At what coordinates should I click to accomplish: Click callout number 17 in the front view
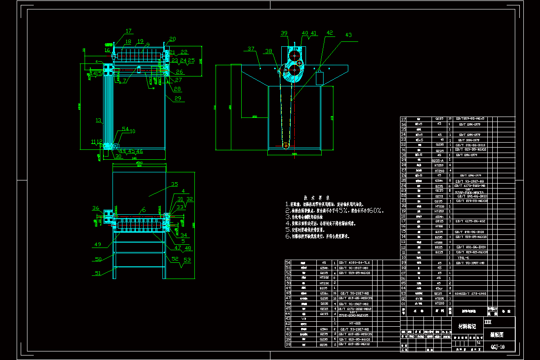coord(129,31)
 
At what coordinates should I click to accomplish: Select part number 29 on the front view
coord(178,98)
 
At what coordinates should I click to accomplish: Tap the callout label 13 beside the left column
coord(98,120)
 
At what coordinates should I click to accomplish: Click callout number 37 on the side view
coord(251,49)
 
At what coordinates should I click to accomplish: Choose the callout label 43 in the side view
coord(349,35)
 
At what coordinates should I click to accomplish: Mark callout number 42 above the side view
coord(330,32)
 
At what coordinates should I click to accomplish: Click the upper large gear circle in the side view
coord(295,57)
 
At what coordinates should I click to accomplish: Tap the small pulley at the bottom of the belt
coord(285,145)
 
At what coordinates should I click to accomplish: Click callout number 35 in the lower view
coord(174,184)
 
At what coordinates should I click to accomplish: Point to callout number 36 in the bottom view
coord(96,207)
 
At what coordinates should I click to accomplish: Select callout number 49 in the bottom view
coord(98,245)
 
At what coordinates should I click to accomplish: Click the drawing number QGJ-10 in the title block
coord(497,346)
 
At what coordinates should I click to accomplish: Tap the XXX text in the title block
coord(488,322)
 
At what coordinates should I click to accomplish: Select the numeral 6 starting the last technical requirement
coord(288,236)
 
